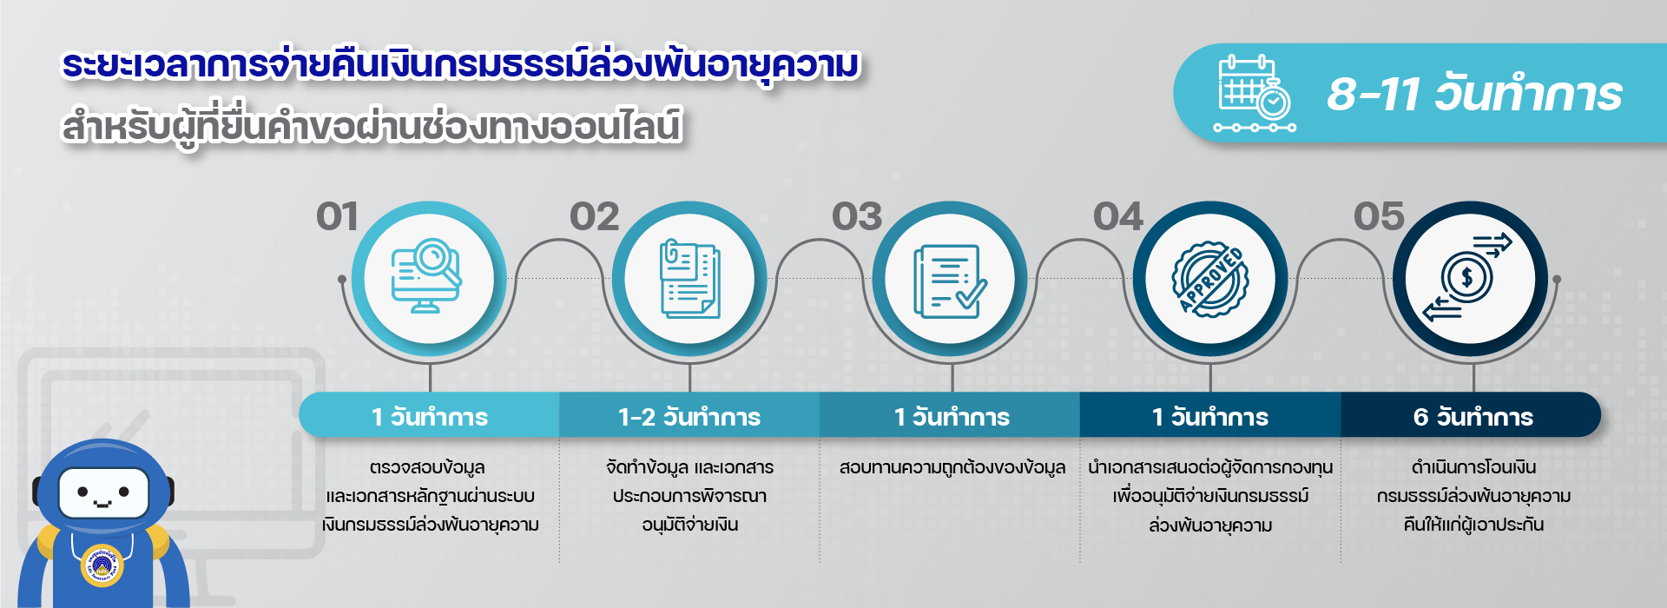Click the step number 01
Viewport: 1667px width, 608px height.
pyautogui.click(x=337, y=217)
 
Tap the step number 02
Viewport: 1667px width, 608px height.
pyautogui.click(x=595, y=217)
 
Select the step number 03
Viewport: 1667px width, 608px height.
pyautogui.click(x=857, y=217)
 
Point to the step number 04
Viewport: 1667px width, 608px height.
pyautogui.click(x=1118, y=217)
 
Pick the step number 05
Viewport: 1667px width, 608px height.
pyautogui.click(x=1379, y=217)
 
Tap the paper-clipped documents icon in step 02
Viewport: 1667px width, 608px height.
pyautogui.click(x=689, y=279)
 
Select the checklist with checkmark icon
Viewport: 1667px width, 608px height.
pyautogui.click(x=950, y=281)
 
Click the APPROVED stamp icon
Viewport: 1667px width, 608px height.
pyautogui.click(x=1210, y=280)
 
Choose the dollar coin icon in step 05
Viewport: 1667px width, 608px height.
pyautogui.click(x=1467, y=278)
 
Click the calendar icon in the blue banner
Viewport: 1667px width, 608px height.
pyautogui.click(x=1255, y=94)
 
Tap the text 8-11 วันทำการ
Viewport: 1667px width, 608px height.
pyautogui.click(x=1474, y=94)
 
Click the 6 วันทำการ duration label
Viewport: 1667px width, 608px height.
pyautogui.click(x=1473, y=417)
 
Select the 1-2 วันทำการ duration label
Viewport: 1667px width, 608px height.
pyautogui.click(x=689, y=417)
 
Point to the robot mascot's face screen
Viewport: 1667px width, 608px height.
pyautogui.click(x=103, y=493)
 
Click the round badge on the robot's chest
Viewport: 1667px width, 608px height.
pyautogui.click(x=102, y=565)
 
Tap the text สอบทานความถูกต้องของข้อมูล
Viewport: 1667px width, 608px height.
pyautogui.click(x=952, y=468)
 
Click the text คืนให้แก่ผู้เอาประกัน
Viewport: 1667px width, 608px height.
pyautogui.click(x=1473, y=525)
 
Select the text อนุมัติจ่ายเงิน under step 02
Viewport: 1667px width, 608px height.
pyautogui.click(x=690, y=525)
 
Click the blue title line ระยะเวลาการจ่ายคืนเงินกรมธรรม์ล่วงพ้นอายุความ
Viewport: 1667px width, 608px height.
pyautogui.click(x=460, y=66)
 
